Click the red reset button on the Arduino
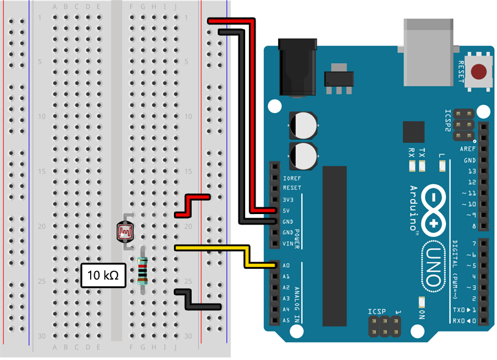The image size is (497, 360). pyautogui.click(x=481, y=72)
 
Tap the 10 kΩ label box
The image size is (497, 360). pyautogui.click(x=103, y=275)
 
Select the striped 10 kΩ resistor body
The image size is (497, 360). pyautogui.click(x=143, y=271)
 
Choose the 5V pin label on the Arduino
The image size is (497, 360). pyautogui.click(x=287, y=210)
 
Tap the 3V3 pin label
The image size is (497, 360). pyautogui.click(x=289, y=199)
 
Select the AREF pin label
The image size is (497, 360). pyautogui.click(x=468, y=149)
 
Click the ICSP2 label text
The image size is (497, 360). pyautogui.click(x=448, y=120)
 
